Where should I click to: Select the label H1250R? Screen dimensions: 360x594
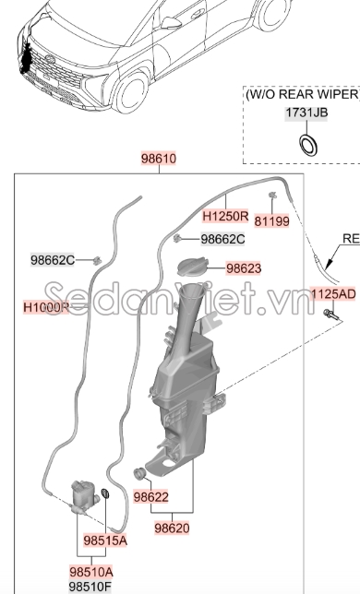tap(225, 217)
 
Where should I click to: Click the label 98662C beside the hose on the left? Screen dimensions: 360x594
tap(52, 260)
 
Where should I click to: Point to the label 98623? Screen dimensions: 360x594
tap(244, 268)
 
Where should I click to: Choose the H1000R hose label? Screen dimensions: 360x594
tap(46, 307)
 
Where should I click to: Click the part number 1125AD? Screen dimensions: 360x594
tap(332, 294)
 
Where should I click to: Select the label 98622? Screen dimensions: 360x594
tap(150, 496)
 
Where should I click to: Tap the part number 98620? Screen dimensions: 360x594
tap(173, 529)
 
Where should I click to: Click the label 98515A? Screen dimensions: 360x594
tap(105, 540)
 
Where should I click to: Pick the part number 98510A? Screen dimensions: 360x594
tap(90, 571)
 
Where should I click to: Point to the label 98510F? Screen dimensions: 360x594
tap(90, 587)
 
